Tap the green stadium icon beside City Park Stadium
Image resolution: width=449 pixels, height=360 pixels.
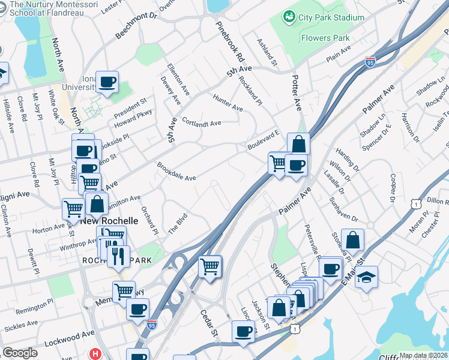(x=289, y=16)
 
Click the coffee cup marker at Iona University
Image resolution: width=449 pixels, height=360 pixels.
(x=107, y=82)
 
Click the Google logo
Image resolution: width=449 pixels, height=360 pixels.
(x=20, y=353)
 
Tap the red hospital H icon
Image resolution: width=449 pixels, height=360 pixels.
(x=95, y=354)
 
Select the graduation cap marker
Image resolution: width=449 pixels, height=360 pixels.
(x=366, y=278)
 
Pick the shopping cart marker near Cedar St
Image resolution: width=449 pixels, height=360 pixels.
(x=210, y=265)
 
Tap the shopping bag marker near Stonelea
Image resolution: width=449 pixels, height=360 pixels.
(x=352, y=240)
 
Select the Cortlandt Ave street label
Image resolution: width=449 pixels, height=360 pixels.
(x=201, y=123)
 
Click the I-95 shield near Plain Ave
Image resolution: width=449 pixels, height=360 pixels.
(x=370, y=62)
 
